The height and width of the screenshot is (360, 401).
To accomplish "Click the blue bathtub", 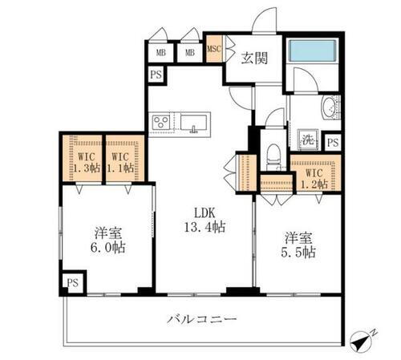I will tap(313, 51).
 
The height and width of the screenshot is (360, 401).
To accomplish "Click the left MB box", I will tap(160, 53).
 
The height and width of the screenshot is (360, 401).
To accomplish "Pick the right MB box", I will tap(190, 53).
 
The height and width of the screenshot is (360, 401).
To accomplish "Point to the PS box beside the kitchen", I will tap(155, 74).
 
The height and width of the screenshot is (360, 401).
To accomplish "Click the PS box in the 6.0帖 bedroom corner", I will tap(72, 282).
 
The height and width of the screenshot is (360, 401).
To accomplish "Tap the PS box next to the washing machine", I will tap(333, 143).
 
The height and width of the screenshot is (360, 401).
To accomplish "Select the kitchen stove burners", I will tap(160, 123).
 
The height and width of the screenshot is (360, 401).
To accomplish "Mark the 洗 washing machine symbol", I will tap(306, 139).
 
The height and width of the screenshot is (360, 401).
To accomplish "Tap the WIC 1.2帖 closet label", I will tap(314, 176).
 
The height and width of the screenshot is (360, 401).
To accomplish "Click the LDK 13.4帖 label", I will tap(203, 219).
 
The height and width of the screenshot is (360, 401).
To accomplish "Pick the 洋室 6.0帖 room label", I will tap(107, 240).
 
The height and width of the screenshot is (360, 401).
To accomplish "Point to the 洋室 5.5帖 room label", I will tap(296, 244).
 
